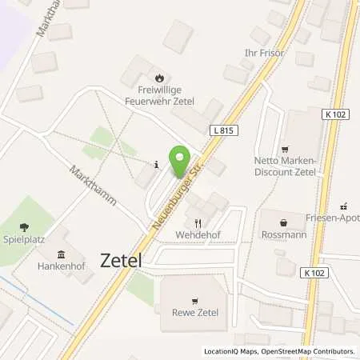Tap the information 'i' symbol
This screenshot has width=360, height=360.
(156, 165)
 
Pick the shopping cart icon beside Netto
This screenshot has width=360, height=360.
(283, 150)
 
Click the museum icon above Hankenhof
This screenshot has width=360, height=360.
(61, 254)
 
